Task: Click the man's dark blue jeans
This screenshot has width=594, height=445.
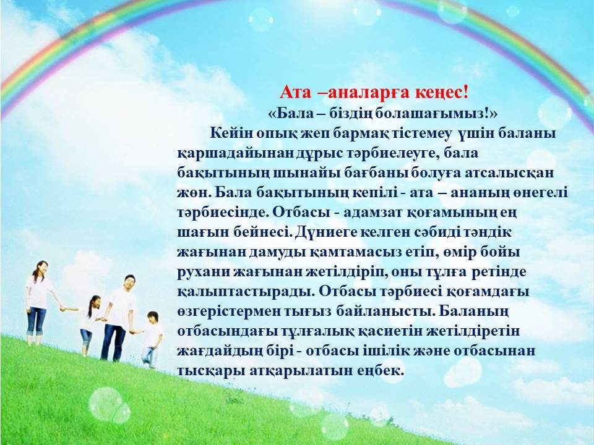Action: click(x=113, y=342)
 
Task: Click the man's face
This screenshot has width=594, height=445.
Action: click(x=129, y=282)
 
